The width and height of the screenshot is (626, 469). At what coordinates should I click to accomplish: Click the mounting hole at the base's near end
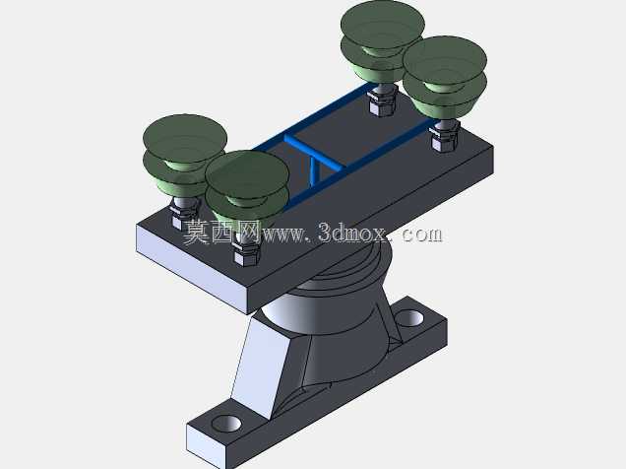[x=226, y=423]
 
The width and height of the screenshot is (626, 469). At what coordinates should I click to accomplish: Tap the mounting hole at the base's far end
[x=409, y=317]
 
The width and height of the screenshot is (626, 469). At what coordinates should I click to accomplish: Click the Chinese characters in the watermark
[x=222, y=233]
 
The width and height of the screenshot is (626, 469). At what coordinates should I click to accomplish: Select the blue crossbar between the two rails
[x=315, y=151]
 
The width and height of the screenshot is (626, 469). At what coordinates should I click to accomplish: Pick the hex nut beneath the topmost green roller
[x=382, y=100]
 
